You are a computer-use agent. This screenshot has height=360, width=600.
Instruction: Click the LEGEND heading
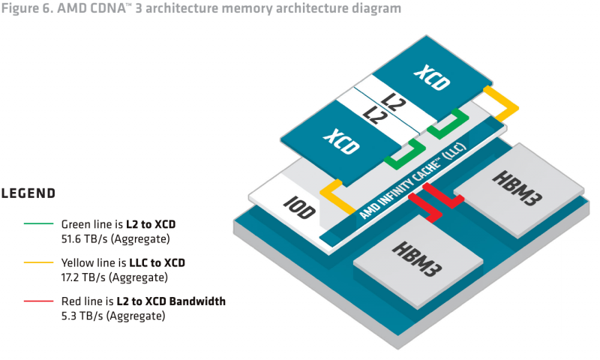click(x=28, y=193)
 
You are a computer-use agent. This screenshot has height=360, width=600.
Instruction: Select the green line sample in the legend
click(x=38, y=224)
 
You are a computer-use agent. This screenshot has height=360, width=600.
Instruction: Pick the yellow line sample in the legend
click(x=38, y=263)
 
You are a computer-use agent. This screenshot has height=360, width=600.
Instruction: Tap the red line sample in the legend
click(x=38, y=302)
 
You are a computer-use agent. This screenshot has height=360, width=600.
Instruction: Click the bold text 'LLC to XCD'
click(x=157, y=263)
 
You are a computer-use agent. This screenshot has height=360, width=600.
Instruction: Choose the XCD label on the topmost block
click(x=431, y=77)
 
